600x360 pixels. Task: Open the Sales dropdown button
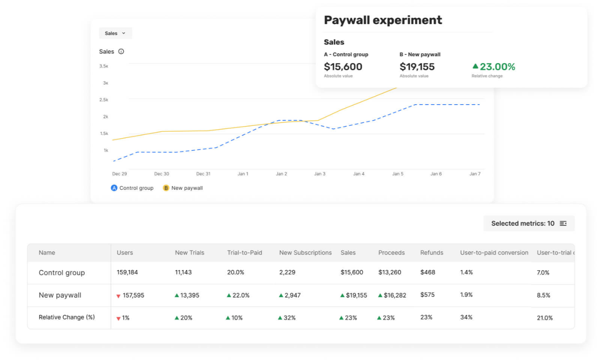pyautogui.click(x=115, y=33)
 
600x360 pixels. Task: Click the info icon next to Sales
pyautogui.click(x=121, y=51)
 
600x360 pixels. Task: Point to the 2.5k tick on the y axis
pyautogui.click(x=104, y=99)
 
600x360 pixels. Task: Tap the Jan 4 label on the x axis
pyautogui.click(x=359, y=174)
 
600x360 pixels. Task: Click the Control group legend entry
pyautogui.click(x=132, y=188)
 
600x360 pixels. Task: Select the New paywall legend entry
pyautogui.click(x=183, y=188)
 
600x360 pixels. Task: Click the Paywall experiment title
pyautogui.click(x=383, y=20)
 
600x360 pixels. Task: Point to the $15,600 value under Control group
pyautogui.click(x=343, y=67)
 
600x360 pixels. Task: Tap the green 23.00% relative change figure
pyautogui.click(x=494, y=67)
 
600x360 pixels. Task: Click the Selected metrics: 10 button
pyautogui.click(x=529, y=223)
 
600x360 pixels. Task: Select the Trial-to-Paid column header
pyautogui.click(x=245, y=252)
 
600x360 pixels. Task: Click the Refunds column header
pyautogui.click(x=432, y=252)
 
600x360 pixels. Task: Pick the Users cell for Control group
pyautogui.click(x=127, y=273)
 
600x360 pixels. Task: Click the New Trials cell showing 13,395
pyautogui.click(x=187, y=295)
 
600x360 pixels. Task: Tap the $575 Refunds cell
pyautogui.click(x=428, y=295)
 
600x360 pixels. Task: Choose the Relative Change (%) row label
pyautogui.click(x=67, y=318)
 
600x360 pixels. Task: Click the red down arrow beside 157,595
pyautogui.click(x=118, y=296)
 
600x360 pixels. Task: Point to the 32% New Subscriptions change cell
pyautogui.click(x=287, y=318)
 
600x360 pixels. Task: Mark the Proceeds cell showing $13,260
pyautogui.click(x=390, y=273)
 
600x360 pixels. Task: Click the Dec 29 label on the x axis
pyautogui.click(x=120, y=174)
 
